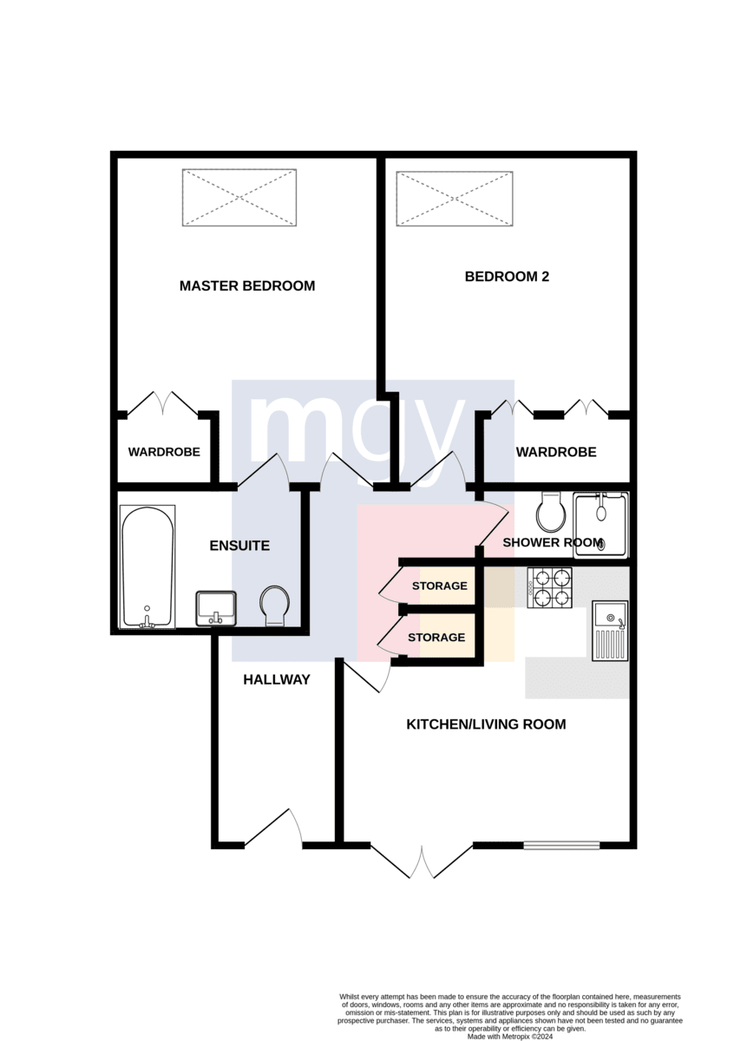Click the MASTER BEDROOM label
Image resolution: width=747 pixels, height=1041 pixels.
tap(246, 285)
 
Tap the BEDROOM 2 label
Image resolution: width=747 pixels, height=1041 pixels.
tap(507, 277)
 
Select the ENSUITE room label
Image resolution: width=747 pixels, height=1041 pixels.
tap(239, 545)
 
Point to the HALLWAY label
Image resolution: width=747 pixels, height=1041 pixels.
tap(277, 679)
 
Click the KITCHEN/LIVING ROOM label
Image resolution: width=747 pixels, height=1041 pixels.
tap(486, 724)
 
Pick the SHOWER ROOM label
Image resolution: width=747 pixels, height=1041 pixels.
tap(553, 542)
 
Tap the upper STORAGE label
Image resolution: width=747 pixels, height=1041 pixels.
tap(439, 586)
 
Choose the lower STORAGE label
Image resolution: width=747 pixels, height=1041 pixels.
tap(436, 637)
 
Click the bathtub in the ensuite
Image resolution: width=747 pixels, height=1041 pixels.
tap(147, 567)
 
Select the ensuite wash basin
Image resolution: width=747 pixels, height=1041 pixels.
tap(216, 608)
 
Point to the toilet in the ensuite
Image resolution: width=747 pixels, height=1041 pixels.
tap(275, 606)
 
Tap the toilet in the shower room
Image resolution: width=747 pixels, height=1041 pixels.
tap(551, 513)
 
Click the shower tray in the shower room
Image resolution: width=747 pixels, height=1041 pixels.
tap(600, 525)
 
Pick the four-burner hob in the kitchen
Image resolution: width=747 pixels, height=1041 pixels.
tap(549, 587)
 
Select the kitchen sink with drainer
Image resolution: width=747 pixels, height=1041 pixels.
tap(610, 631)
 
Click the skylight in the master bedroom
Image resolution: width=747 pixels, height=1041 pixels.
tap(239, 198)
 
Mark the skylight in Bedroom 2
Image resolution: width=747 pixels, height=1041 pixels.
tap(454, 199)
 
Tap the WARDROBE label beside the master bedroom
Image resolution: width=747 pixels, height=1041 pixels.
tap(164, 452)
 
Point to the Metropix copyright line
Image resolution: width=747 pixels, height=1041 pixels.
tap(510, 1037)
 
